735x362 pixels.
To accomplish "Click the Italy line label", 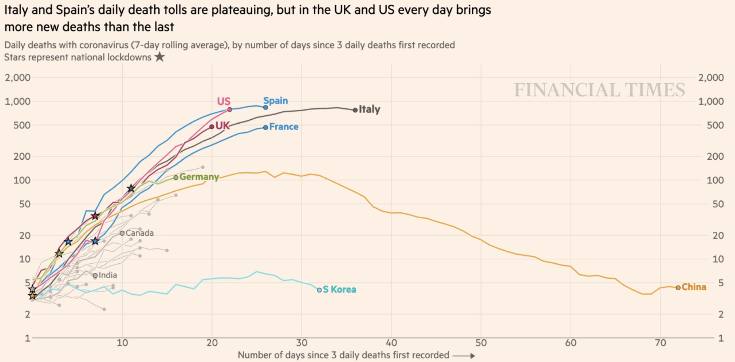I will pos(369,109).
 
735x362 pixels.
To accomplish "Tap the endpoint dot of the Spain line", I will pos(265,107).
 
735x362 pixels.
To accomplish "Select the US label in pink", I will pos(223,101).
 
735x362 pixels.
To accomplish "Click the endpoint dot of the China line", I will pos(678,288).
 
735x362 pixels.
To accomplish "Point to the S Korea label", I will pos(339,289).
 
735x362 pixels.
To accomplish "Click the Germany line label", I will pos(199,177).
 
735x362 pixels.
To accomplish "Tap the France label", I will pos(284,127).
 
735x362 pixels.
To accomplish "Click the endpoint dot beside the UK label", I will pos(212,127).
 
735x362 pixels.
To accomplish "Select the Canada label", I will pos(139,233).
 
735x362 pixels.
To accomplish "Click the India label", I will pos(108,275).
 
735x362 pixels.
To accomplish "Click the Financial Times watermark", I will pos(599,90).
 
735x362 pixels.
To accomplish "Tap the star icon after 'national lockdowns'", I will pos(160,57).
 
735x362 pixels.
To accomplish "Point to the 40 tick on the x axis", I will pos(391,343).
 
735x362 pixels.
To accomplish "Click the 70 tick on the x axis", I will pos(660,343).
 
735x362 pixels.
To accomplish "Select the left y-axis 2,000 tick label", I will pos(18,78).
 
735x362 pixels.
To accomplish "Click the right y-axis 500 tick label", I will pos(715,125).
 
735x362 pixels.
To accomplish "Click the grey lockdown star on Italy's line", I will pos(131,188).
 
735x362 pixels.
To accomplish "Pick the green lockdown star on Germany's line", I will pos(59,253).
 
